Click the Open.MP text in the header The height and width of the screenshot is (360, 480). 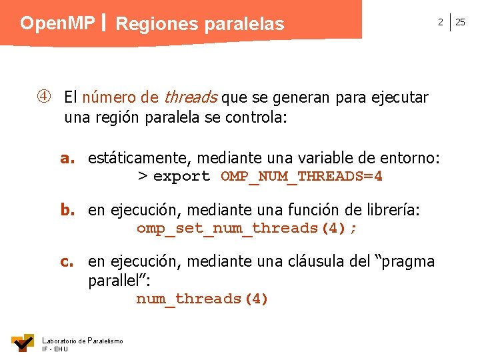(57, 23)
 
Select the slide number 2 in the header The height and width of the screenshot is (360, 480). (440, 22)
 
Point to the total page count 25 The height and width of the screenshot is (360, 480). (460, 22)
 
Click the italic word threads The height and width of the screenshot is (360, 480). (190, 98)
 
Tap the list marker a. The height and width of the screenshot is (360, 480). (67, 158)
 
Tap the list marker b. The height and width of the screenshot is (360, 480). (67, 210)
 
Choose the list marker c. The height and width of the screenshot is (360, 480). (67, 261)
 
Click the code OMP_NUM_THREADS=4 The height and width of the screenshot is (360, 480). (301, 177)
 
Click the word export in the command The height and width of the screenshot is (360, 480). (181, 177)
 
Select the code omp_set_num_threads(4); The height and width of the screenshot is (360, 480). (247, 229)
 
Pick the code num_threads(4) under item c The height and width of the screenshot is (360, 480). (202, 299)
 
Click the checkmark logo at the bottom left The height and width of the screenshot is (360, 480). (23, 343)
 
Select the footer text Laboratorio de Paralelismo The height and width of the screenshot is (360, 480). (82, 341)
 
